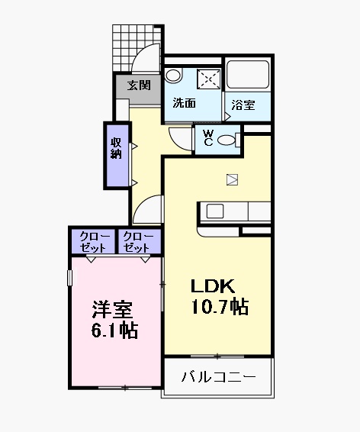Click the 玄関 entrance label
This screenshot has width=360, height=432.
click(x=138, y=85)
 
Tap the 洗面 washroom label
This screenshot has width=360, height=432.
click(x=184, y=103)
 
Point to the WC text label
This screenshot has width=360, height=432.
click(x=207, y=138)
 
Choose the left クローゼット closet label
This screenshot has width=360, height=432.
click(x=92, y=241)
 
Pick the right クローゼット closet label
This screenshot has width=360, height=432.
click(x=138, y=241)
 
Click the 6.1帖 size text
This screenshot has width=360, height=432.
click(x=114, y=332)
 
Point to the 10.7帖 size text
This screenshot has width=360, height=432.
click(x=220, y=307)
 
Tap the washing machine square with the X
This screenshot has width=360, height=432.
click(x=209, y=79)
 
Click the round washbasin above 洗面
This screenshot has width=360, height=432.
click(x=174, y=76)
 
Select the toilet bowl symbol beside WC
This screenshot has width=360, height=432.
click(x=228, y=140)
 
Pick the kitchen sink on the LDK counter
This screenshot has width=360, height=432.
click(x=212, y=210)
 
